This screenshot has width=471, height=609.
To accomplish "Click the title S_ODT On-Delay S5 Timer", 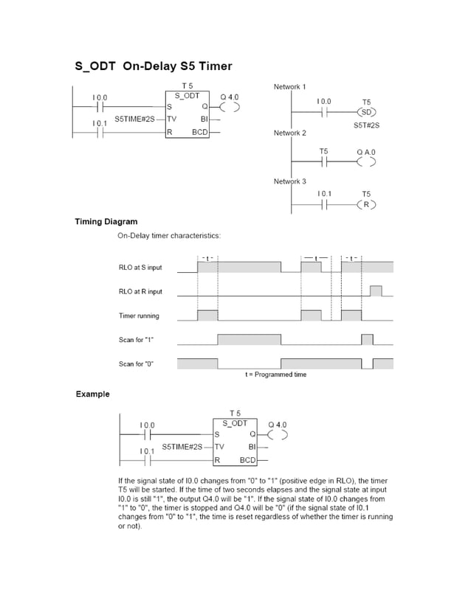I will click(154, 66).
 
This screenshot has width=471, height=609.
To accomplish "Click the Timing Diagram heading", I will click(106, 221).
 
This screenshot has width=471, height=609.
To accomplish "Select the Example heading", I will click(92, 394).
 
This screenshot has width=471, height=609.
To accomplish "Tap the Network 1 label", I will click(289, 87).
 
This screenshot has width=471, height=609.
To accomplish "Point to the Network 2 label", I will click(289, 133).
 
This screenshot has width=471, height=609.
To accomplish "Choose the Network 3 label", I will click(289, 181).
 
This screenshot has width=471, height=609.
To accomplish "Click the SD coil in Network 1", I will click(366, 113).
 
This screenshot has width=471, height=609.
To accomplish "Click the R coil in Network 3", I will click(366, 205).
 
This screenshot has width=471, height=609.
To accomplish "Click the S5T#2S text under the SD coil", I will click(366, 125).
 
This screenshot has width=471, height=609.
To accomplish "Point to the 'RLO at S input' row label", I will click(140, 268).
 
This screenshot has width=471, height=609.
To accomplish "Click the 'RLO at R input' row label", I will click(140, 291).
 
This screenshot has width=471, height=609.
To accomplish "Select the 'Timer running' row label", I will click(139, 316).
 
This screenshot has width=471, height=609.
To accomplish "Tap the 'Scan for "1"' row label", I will click(136, 340).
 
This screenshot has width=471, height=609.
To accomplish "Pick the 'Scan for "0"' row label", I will click(136, 363).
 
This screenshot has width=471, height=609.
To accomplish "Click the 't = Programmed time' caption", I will click(275, 375).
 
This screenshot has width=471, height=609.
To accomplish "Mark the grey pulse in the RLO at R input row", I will click(376, 290).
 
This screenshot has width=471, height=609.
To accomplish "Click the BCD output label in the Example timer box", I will click(247, 460).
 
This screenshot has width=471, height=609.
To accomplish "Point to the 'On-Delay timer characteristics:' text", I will click(169, 236).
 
